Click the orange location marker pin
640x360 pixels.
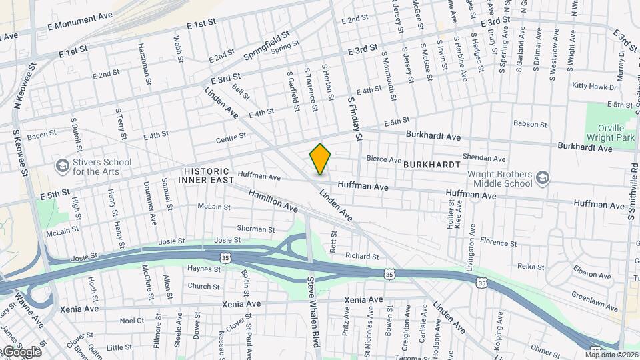[320, 159]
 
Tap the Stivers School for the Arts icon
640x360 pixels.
[62, 165]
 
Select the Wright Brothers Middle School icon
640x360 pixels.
[542, 177]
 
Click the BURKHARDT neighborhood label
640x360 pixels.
[432, 164]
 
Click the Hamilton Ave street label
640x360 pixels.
[273, 200]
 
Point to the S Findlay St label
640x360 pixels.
[353, 117]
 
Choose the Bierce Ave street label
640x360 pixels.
[385, 160]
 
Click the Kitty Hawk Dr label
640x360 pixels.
[593, 86]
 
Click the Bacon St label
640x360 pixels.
[41, 135]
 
